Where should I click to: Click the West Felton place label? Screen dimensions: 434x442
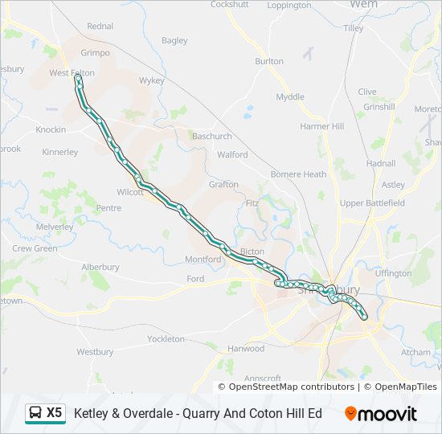tap(72, 73)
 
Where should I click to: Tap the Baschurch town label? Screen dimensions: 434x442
tap(211, 137)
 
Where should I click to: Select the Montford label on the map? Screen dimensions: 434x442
tap(203, 260)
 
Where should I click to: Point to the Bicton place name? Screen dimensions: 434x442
tap(252, 252)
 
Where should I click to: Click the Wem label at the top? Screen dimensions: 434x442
tap(364, 5)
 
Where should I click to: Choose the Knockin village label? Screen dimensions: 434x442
tap(50, 129)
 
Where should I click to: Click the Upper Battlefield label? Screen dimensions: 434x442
tap(372, 203)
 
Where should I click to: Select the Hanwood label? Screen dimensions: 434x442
tap(246, 349)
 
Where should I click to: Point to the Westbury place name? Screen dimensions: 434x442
tap(95, 352)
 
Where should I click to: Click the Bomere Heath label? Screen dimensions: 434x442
tap(298, 174)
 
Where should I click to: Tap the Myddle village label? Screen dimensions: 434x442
tap(290, 97)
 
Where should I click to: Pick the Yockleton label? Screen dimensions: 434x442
tap(166, 339)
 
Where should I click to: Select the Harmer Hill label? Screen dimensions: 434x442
tap(321, 127)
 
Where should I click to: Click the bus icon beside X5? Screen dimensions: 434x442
tap(35, 413)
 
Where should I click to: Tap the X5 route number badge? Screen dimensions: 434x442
tap(55, 413)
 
